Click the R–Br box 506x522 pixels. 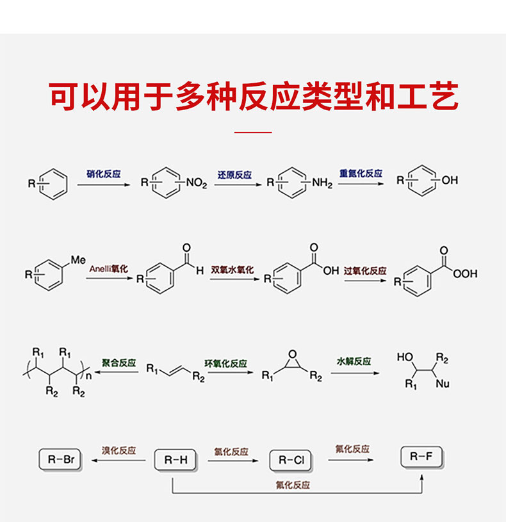tap(61, 459)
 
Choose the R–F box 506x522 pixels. tap(421, 457)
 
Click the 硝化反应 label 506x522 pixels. tap(104, 174)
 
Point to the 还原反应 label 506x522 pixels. tap(234, 174)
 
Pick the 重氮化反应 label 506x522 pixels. tap(361, 174)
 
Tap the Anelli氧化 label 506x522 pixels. tap(109, 269)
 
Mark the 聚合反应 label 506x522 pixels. tap(119, 363)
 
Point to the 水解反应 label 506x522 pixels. tap(354, 361)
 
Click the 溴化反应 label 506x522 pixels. tap(119, 450)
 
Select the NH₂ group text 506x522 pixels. tap(322, 183)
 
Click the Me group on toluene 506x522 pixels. tap(78, 259)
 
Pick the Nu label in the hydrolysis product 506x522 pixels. tap(442, 384)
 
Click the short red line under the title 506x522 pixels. tap(253, 133)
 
